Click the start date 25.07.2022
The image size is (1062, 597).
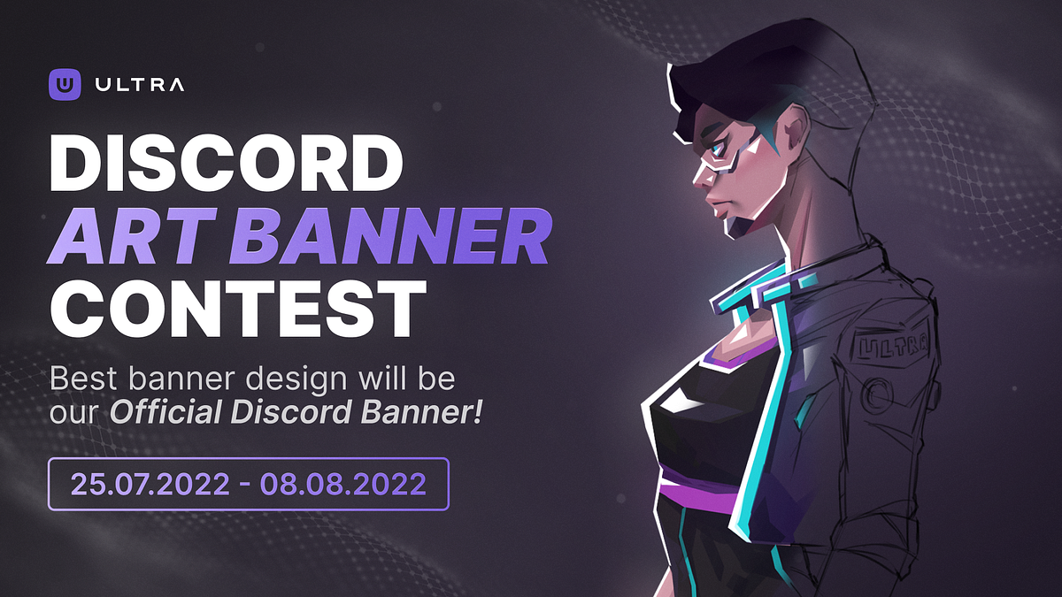click(x=149, y=484)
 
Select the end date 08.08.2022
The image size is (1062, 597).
click(x=343, y=484)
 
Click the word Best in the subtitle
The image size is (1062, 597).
click(x=81, y=379)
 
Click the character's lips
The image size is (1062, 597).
click(x=715, y=206)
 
